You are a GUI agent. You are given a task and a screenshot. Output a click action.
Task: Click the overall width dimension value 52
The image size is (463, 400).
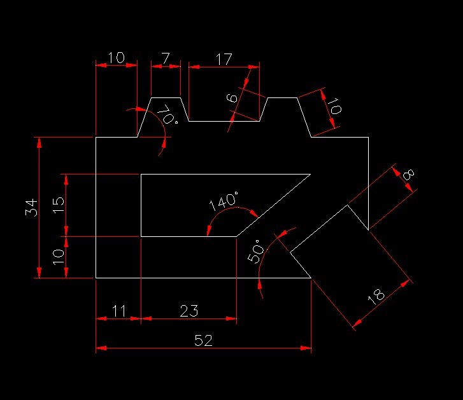pyautogui.click(x=203, y=341)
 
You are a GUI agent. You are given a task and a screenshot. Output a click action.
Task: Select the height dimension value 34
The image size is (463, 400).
pyautogui.click(x=31, y=208)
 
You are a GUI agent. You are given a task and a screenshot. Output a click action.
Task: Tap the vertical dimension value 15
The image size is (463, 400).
pyautogui.click(x=59, y=205)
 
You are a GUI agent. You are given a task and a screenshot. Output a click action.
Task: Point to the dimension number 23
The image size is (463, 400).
pyautogui.click(x=189, y=311)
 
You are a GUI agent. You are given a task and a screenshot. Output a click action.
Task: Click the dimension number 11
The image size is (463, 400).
pyautogui.click(x=118, y=311)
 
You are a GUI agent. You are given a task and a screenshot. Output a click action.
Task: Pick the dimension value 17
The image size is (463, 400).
pyautogui.click(x=224, y=60)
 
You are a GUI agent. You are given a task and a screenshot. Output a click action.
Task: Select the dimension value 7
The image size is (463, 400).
pyautogui.click(x=166, y=59)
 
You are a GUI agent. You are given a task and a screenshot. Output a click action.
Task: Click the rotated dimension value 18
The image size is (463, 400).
pyautogui.click(x=376, y=296)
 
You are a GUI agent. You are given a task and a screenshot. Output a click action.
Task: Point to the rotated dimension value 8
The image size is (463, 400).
pyautogui.click(x=408, y=174)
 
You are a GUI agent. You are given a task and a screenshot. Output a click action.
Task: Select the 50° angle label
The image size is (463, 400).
pyautogui.click(x=255, y=252)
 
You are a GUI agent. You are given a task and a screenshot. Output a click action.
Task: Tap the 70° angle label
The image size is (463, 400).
pyautogui.click(x=167, y=116)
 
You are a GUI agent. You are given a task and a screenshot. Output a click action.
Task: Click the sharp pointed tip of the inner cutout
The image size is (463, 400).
pyautogui.click(x=310, y=174)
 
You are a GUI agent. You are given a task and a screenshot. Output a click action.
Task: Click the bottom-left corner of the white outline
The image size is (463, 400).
pyautogui.click(x=96, y=278)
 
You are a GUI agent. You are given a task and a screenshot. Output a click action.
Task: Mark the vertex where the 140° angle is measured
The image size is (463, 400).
pyautogui.click(x=236, y=236)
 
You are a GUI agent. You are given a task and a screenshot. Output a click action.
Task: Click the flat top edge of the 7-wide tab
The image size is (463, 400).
pyautogui.click(x=166, y=97)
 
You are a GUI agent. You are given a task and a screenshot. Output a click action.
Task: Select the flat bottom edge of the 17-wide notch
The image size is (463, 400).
pyautogui.click(x=224, y=121)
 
